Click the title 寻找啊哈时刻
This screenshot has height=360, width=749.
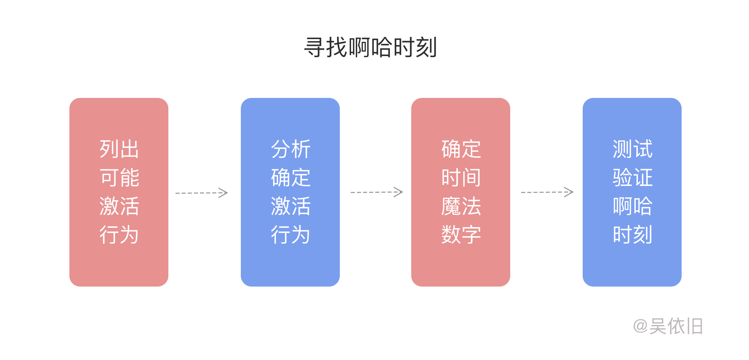370,47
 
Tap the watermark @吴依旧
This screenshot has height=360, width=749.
668,326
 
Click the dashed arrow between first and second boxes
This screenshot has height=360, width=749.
201,193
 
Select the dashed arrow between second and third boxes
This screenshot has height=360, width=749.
377,192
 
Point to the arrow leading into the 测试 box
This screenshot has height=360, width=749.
547,192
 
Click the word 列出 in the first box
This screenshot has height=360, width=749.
119,149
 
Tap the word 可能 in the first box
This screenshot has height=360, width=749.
119,177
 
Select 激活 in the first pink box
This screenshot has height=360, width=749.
119,206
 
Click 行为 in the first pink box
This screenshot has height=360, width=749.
119,235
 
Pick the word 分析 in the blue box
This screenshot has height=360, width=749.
290,149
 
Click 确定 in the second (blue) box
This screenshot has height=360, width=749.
290,177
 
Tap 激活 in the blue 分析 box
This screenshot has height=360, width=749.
290,206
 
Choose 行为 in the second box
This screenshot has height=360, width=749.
290,235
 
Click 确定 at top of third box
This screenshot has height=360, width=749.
461,149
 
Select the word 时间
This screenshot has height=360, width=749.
461,177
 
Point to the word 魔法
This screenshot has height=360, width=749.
461,206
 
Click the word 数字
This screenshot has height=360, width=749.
461,235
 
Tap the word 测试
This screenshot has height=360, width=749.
632,149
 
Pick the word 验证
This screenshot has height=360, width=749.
632,177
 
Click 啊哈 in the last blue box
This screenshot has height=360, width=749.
632,206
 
